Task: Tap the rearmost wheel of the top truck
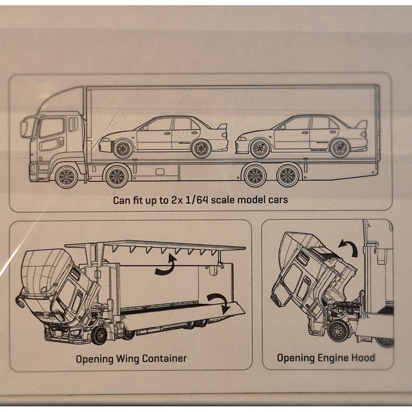[288, 175]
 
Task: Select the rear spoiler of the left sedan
[221, 129]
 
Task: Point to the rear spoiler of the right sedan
[362, 126]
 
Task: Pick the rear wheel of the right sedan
[340, 148]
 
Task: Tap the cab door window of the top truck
[53, 128]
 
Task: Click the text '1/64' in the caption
[194, 200]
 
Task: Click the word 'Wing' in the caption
[127, 359]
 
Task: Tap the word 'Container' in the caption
[164, 358]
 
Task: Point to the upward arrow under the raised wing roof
[166, 265]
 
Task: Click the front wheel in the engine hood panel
[339, 331]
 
